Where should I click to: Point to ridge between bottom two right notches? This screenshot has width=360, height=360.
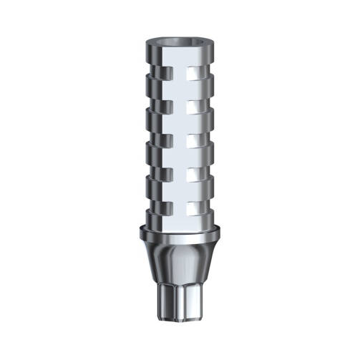pos(204,190)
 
